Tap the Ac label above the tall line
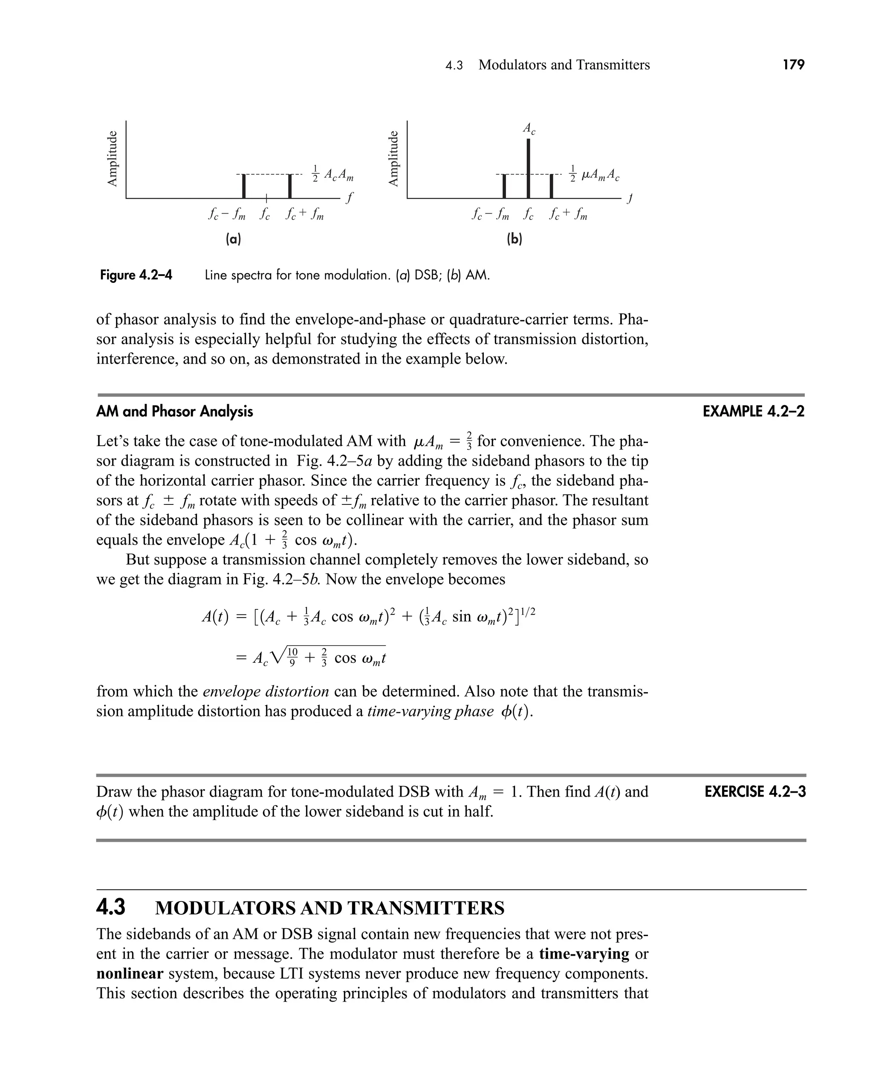[x=529, y=129]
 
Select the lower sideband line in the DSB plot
[x=244, y=185]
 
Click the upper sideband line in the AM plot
[x=552, y=185]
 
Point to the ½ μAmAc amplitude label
[x=594, y=174]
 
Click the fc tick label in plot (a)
[x=265, y=215]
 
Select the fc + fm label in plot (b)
[x=568, y=215]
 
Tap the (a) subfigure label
[x=233, y=239]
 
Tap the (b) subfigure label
[x=515, y=239]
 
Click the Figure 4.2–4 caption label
[x=136, y=275]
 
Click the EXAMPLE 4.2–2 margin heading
[x=753, y=412]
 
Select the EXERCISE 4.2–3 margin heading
[x=755, y=792]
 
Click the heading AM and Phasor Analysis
[x=174, y=412]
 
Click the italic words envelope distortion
[x=266, y=692]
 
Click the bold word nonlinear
[x=130, y=974]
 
